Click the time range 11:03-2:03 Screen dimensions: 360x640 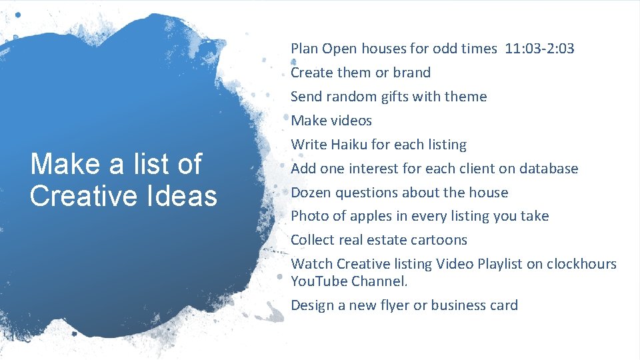pos(540,49)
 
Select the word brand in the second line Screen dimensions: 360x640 pos(412,73)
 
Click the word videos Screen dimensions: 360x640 pos(350,121)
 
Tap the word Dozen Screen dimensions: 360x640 pos(311,193)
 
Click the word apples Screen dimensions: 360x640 pos(383,216)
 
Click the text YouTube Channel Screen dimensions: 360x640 pos(349,281)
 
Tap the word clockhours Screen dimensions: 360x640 pos(581,264)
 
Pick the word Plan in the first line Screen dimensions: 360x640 pos(304,49)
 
